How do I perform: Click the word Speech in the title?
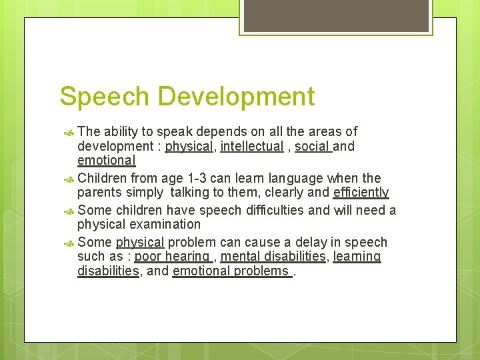[103, 97]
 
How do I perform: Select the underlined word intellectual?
[251, 146]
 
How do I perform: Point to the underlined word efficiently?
[361, 193]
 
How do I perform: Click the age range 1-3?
[196, 178]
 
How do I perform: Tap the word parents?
[99, 193]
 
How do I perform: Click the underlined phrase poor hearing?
[172, 257]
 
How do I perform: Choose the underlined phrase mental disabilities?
[273, 257]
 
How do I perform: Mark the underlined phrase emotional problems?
[231, 271]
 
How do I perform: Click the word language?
[293, 178]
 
